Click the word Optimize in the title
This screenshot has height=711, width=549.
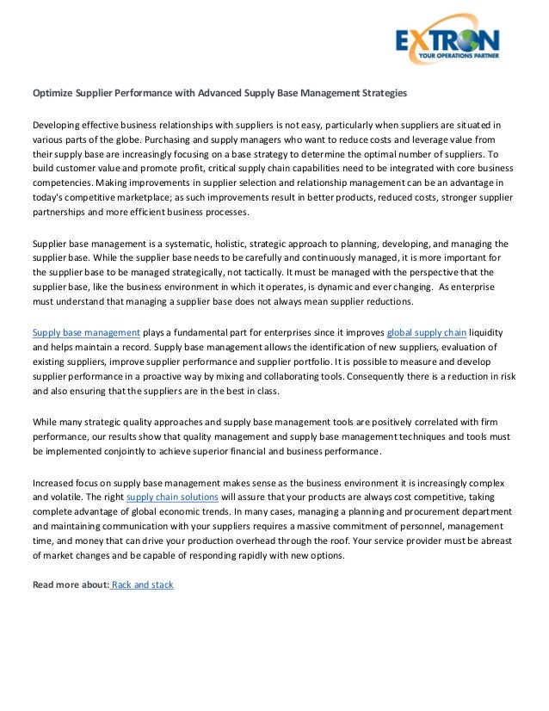[x=53, y=92]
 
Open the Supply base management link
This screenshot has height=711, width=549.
[x=86, y=331]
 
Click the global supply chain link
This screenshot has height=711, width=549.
[x=428, y=331]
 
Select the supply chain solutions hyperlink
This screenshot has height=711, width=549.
[x=171, y=497]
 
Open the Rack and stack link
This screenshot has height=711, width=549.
[x=143, y=584]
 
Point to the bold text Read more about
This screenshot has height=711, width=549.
[x=71, y=584]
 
